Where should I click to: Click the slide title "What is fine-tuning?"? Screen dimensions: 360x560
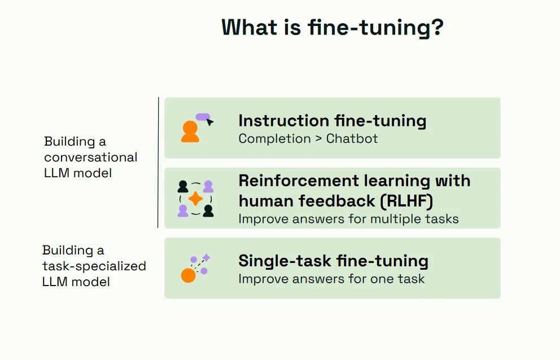[332, 28]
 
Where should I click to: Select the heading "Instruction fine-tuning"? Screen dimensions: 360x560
[332, 121]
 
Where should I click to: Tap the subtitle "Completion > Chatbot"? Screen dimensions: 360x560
[308, 139]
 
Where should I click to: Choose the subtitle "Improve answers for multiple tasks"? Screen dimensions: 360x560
[348, 218]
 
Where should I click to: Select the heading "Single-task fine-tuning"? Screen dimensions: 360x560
[333, 261]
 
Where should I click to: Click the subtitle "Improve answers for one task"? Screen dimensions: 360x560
[331, 279]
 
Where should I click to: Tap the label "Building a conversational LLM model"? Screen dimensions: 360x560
[90, 157]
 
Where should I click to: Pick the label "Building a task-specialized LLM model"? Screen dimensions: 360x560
[94, 266]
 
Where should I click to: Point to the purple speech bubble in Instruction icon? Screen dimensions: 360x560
[203, 117]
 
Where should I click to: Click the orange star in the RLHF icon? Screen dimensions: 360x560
[195, 199]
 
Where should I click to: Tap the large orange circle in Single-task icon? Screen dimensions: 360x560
[188, 275]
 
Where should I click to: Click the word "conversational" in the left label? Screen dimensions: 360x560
[90, 157]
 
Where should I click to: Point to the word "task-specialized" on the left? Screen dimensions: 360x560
[94, 266]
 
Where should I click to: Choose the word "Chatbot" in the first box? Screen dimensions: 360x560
[352, 139]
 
